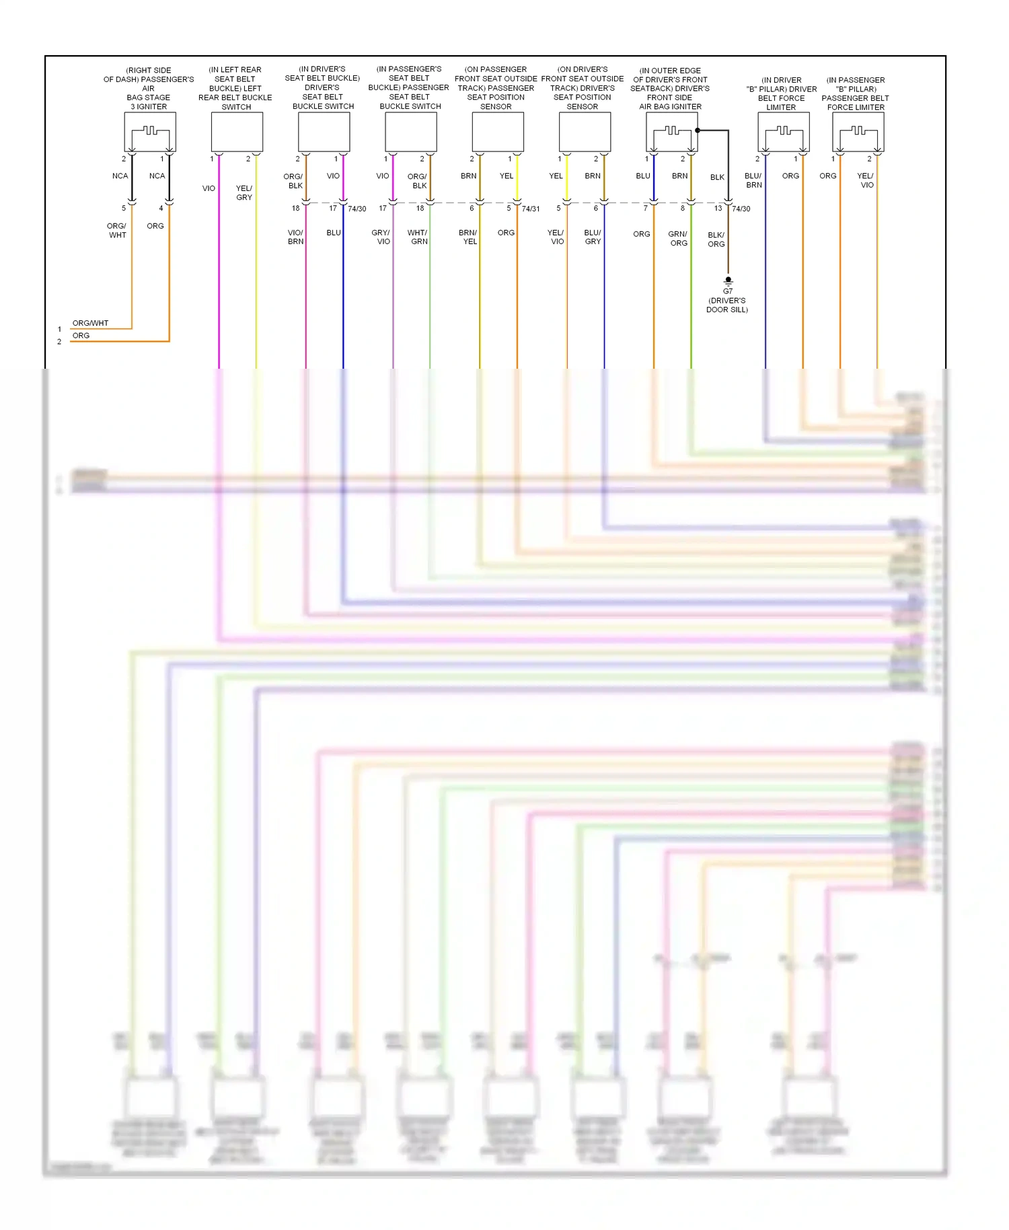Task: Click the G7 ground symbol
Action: (728, 281)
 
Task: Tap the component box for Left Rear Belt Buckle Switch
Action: (237, 132)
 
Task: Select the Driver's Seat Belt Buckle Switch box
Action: (324, 132)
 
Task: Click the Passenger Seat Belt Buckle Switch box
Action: (410, 132)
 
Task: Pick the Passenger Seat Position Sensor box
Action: (498, 132)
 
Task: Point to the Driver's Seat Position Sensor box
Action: (585, 132)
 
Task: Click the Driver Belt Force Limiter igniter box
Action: (783, 132)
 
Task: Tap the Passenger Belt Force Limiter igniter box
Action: (858, 132)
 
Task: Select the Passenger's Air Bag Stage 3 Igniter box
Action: (150, 132)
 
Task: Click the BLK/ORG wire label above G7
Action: (716, 240)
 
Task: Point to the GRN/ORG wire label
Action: (678, 239)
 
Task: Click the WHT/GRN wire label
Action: (418, 237)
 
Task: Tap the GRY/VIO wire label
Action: (381, 237)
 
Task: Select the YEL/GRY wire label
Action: (244, 193)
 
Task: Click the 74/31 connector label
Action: (531, 209)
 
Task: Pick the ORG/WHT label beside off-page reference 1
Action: (90, 324)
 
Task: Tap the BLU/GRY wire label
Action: (593, 237)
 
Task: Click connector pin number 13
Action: (718, 209)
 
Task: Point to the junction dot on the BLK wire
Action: (698, 131)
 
